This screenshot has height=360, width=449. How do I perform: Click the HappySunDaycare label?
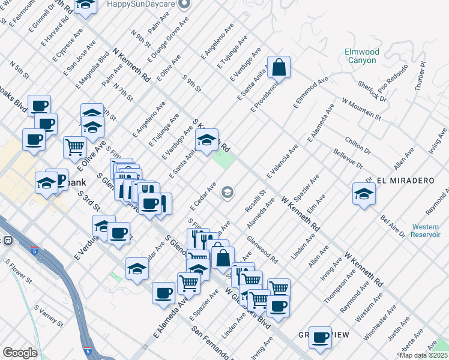[141, 4]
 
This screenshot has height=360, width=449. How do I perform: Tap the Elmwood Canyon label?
[361, 56]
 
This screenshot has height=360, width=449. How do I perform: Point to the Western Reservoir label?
[429, 231]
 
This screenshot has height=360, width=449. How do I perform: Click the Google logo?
[20, 353]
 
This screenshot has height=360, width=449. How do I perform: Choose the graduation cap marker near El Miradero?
[364, 193]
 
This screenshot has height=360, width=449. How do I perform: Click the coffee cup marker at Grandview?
[321, 337]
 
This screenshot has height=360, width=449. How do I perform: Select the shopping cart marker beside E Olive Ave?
[74, 146]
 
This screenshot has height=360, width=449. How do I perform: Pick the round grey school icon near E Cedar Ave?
[227, 192]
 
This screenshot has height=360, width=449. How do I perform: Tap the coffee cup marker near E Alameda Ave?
[164, 293]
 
